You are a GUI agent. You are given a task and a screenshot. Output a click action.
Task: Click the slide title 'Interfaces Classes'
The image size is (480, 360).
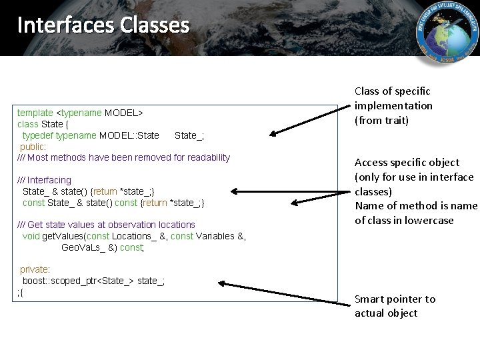[103, 25]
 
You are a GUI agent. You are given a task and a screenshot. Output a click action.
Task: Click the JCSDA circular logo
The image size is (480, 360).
[447, 33]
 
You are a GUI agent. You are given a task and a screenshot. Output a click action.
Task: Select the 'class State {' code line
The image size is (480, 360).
[39, 124]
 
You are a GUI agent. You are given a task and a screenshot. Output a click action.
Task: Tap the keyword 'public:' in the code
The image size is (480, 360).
[33, 147]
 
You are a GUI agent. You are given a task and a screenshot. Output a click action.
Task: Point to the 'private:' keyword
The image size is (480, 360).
[34, 269]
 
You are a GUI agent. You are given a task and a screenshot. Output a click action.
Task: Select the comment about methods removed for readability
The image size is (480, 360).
[123, 157]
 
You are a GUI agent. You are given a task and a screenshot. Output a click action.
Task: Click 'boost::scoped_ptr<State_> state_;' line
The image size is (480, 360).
[93, 281]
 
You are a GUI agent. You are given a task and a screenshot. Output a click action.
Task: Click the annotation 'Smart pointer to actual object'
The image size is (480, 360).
[394, 306]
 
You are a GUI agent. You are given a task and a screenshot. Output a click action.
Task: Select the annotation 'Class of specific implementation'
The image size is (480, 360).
[393, 105]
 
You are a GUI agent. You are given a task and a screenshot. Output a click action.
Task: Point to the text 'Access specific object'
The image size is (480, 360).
[407, 162]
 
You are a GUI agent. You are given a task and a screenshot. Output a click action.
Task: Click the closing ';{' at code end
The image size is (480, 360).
[20, 292]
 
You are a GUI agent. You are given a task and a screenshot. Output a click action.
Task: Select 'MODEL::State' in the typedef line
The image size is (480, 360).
[129, 135]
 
